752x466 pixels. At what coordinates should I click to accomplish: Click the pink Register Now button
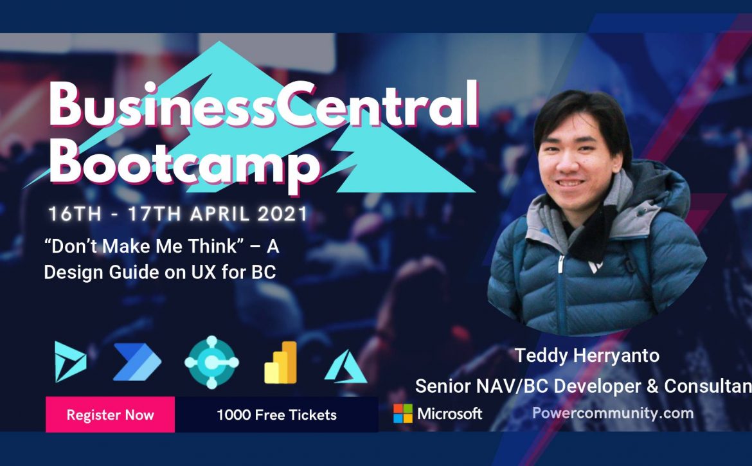pos(111,415)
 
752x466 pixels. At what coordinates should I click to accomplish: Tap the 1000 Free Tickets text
pos(277,415)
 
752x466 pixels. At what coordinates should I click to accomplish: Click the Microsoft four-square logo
pos(403,413)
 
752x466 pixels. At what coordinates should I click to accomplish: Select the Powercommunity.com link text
pos(613,413)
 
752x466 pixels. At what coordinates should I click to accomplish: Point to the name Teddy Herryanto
pos(587,355)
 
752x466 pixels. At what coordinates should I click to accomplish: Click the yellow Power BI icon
pos(281,363)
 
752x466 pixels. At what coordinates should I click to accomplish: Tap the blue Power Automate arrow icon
pos(137,362)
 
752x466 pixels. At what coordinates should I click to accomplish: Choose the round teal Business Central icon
pos(211,363)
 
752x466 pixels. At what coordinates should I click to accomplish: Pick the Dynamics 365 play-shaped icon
pos(70,361)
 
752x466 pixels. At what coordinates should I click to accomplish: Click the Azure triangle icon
pos(346,367)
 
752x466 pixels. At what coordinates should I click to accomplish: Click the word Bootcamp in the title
pos(184,162)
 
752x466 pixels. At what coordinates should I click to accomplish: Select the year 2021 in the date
pos(282,214)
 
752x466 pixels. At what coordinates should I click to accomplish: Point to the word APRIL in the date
pos(219,214)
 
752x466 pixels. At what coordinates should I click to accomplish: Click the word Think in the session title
pos(213,246)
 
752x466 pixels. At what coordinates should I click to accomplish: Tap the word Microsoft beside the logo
pos(450,413)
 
